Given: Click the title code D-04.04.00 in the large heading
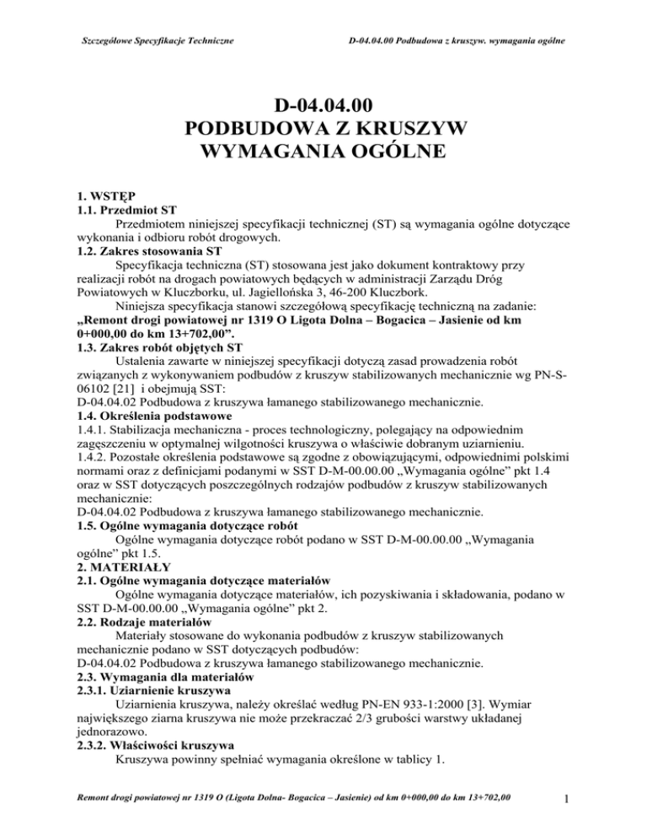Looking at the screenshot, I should pos(323,106).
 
